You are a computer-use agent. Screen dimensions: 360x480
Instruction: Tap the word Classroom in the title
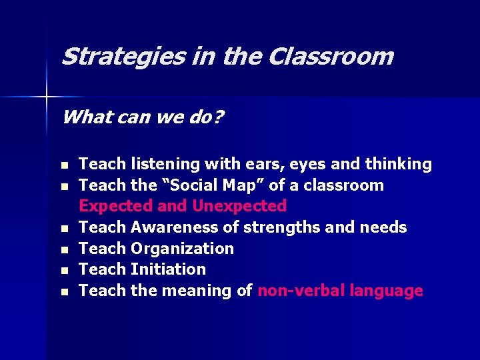coord(331,57)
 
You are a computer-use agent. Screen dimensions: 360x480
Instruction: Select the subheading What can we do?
coord(143,118)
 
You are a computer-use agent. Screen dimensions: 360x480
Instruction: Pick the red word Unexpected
coord(239,206)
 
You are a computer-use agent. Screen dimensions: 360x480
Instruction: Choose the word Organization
coord(182,249)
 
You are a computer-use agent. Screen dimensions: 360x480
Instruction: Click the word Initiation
coord(169,269)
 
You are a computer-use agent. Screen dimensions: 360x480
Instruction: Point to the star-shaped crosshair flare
coord(47,97)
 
